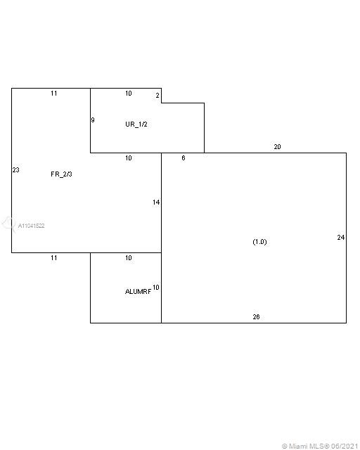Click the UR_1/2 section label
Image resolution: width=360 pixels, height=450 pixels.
click(136, 124)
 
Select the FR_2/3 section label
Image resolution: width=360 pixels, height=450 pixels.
click(61, 174)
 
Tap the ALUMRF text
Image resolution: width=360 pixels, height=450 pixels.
click(138, 292)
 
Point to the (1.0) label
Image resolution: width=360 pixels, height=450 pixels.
click(260, 242)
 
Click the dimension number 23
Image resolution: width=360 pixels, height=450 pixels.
click(15, 170)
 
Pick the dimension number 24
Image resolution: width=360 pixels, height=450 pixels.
click(341, 238)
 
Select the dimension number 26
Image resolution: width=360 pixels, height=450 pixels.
click(256, 317)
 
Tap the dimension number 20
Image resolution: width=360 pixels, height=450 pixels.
click(277, 147)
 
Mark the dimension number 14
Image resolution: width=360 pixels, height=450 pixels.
click(156, 202)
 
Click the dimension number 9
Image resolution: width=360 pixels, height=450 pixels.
click(93, 120)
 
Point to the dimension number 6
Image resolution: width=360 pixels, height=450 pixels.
click(184, 158)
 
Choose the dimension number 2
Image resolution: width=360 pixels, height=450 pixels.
click(157, 96)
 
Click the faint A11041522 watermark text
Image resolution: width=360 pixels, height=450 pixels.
click(32, 226)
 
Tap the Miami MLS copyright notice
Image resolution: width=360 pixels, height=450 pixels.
click(320, 446)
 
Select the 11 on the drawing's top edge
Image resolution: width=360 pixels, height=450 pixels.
click(54, 94)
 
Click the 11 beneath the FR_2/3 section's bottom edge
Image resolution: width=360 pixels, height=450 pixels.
click(54, 258)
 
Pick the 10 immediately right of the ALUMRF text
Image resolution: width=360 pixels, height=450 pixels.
click(156, 288)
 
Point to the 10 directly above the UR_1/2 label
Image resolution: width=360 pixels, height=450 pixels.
click(129, 94)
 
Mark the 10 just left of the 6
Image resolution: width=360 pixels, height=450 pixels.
click(129, 158)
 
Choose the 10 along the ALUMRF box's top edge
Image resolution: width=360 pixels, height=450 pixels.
click(129, 258)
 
